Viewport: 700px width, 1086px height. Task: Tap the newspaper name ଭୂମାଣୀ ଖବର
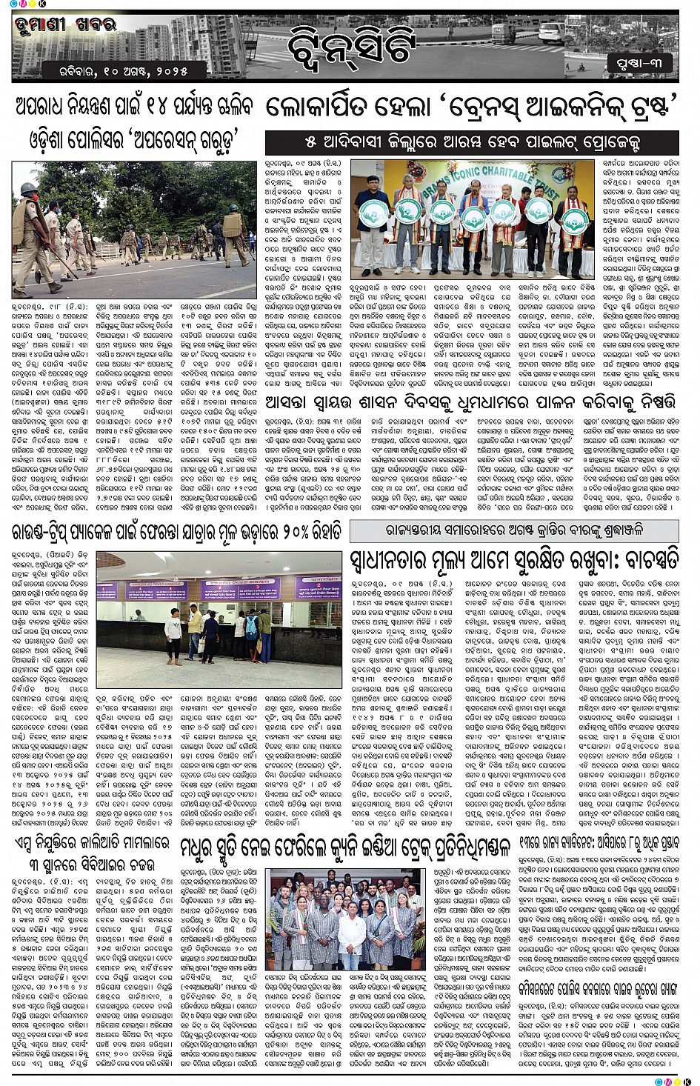(65, 24)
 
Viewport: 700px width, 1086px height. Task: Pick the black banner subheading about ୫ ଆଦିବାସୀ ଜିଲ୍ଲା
(472, 141)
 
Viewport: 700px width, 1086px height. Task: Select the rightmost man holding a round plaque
(574, 222)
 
